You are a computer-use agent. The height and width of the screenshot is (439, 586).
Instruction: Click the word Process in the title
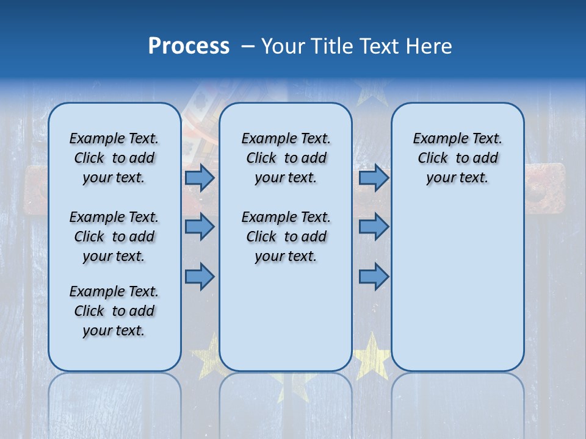pyautogui.click(x=189, y=46)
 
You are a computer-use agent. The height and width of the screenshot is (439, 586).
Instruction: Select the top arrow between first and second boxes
pyautogui.click(x=200, y=177)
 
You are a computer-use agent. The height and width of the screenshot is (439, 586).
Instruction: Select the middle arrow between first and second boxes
pyautogui.click(x=200, y=227)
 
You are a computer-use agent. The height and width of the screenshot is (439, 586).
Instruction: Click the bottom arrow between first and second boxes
pyautogui.click(x=200, y=276)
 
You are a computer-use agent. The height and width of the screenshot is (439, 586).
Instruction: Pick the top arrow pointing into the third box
pyautogui.click(x=374, y=177)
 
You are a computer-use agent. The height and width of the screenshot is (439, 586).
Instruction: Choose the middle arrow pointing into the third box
pyautogui.click(x=374, y=227)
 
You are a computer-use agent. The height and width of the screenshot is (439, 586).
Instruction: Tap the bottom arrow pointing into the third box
pyautogui.click(x=374, y=276)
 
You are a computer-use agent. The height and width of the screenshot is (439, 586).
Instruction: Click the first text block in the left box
pyautogui.click(x=114, y=158)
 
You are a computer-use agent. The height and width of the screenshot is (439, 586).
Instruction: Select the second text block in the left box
pyautogui.click(x=114, y=237)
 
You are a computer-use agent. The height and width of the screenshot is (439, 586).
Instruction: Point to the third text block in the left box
pyautogui.click(x=114, y=311)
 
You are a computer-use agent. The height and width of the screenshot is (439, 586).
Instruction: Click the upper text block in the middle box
pyautogui.click(x=286, y=158)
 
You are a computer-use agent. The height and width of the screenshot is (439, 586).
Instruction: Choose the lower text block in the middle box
pyautogui.click(x=286, y=237)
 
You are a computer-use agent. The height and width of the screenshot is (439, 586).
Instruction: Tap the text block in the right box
pyautogui.click(x=458, y=158)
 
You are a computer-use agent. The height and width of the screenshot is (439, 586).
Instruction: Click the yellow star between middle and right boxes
pyautogui.click(x=372, y=357)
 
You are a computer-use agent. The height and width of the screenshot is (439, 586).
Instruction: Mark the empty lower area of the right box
pyautogui.click(x=458, y=287)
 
